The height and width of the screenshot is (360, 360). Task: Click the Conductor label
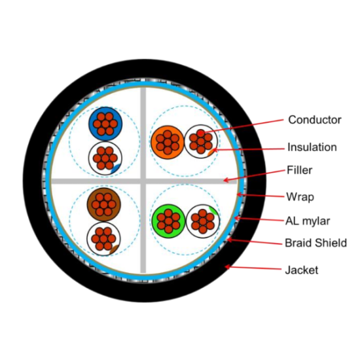pos(315,120)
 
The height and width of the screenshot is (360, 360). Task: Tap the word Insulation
pos(312,147)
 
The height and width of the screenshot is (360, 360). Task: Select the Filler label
pos(300,170)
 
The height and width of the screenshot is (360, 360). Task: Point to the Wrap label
pos(300,197)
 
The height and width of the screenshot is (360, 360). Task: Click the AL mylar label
pos(308,221)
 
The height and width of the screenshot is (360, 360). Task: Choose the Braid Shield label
pos(315,243)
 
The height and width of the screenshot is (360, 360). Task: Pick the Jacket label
pos(302,270)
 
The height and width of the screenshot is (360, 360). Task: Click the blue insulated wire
pos(105,124)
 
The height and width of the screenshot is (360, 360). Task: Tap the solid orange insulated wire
pos(168,142)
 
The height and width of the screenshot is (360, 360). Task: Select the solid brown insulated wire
pos(104,205)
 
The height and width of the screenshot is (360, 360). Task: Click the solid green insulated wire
pos(168,221)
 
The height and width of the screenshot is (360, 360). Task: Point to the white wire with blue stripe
pos(105,158)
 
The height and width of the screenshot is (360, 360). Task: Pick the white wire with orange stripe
pos(201,141)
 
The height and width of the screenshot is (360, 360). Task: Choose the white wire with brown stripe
pos(104,239)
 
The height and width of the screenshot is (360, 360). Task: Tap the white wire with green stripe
pos(203,221)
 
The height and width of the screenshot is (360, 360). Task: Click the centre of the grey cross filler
pos(143,181)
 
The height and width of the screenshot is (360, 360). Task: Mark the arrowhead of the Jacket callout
pos(226,267)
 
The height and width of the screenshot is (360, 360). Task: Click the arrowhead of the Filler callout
pos(225,180)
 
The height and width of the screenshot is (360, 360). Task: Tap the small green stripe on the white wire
pos(213,210)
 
